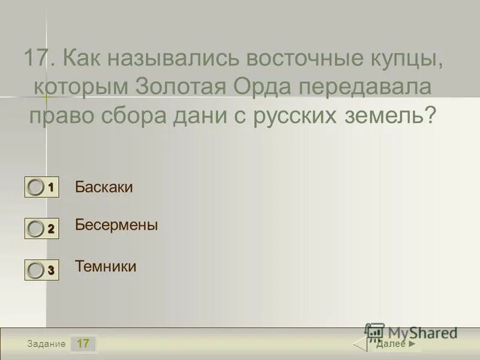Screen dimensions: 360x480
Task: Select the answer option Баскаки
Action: [104, 187]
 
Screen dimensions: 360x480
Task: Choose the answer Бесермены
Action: [116, 226]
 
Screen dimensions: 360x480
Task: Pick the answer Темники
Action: [106, 266]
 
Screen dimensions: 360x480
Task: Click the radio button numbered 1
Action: [36, 188]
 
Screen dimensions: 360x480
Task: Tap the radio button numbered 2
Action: [36, 228]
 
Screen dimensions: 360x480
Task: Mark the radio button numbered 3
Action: [36, 271]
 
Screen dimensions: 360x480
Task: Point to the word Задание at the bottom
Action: [46, 344]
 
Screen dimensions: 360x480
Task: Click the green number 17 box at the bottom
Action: [83, 344]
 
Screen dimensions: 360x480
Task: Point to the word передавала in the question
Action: [366, 87]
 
